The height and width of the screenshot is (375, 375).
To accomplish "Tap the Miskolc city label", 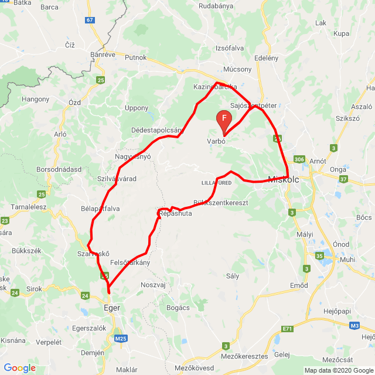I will (x=283, y=180).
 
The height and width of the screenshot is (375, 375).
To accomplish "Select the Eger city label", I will (x=111, y=306).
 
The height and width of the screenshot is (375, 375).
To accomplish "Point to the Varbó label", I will (x=216, y=141).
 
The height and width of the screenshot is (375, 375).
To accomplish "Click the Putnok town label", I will (x=136, y=57).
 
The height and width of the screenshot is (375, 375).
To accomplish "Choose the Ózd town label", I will (x=74, y=103).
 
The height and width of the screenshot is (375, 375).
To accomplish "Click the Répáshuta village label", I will (x=175, y=214).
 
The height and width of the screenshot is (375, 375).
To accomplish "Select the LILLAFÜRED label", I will (x=216, y=183).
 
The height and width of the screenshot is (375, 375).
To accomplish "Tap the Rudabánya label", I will (x=216, y=7).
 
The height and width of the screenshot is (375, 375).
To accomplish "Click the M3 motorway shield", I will (x=354, y=325).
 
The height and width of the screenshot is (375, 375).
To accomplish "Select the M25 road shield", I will (x=121, y=338).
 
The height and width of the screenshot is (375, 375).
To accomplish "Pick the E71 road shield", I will (x=287, y=329).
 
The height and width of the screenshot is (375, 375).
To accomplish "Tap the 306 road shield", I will (x=299, y=159).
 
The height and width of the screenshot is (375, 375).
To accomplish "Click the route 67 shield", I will (x=90, y=20).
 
